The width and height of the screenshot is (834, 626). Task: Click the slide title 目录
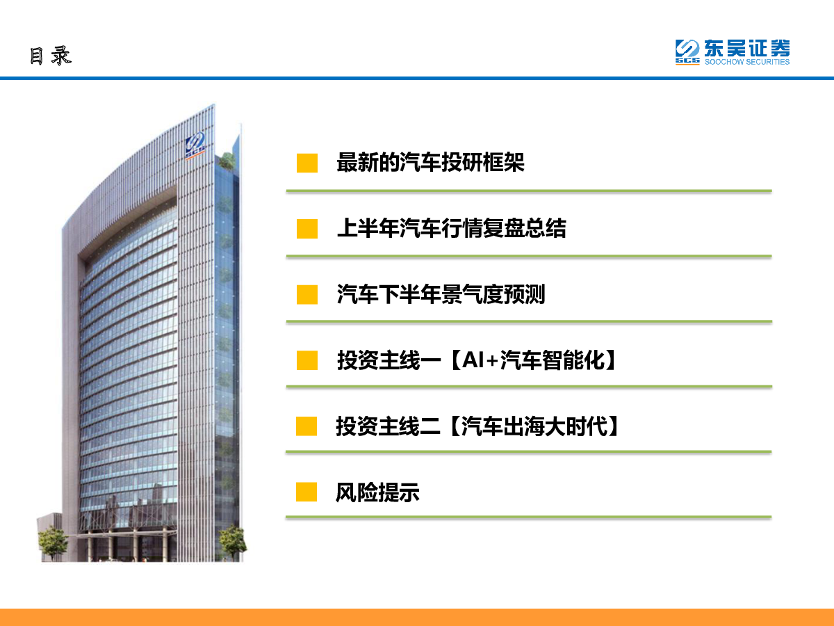coord(51,56)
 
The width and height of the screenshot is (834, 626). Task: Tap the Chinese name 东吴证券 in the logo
coord(747,48)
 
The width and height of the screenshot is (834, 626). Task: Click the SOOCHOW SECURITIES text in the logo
coord(747,62)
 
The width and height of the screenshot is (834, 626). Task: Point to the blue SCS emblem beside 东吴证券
coord(687,52)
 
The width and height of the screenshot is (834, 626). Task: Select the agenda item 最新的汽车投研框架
coord(430,163)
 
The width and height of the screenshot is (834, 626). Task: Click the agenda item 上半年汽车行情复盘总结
coord(451,228)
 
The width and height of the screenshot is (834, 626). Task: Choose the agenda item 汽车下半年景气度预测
coord(441,294)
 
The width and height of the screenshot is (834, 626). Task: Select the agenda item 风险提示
coord(377,492)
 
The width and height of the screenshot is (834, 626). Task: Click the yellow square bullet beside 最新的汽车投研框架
coord(307,163)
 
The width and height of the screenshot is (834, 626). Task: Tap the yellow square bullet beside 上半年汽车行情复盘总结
coord(307,229)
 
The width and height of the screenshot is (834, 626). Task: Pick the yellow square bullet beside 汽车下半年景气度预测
coord(307,294)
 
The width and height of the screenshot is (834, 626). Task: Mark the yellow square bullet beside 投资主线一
coord(307,360)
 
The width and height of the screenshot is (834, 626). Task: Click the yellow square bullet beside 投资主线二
coord(306,426)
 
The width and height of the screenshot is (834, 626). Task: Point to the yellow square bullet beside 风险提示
coord(306,492)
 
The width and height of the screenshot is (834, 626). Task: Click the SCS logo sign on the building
coord(195,145)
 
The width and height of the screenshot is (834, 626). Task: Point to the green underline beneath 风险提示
coord(528,517)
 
